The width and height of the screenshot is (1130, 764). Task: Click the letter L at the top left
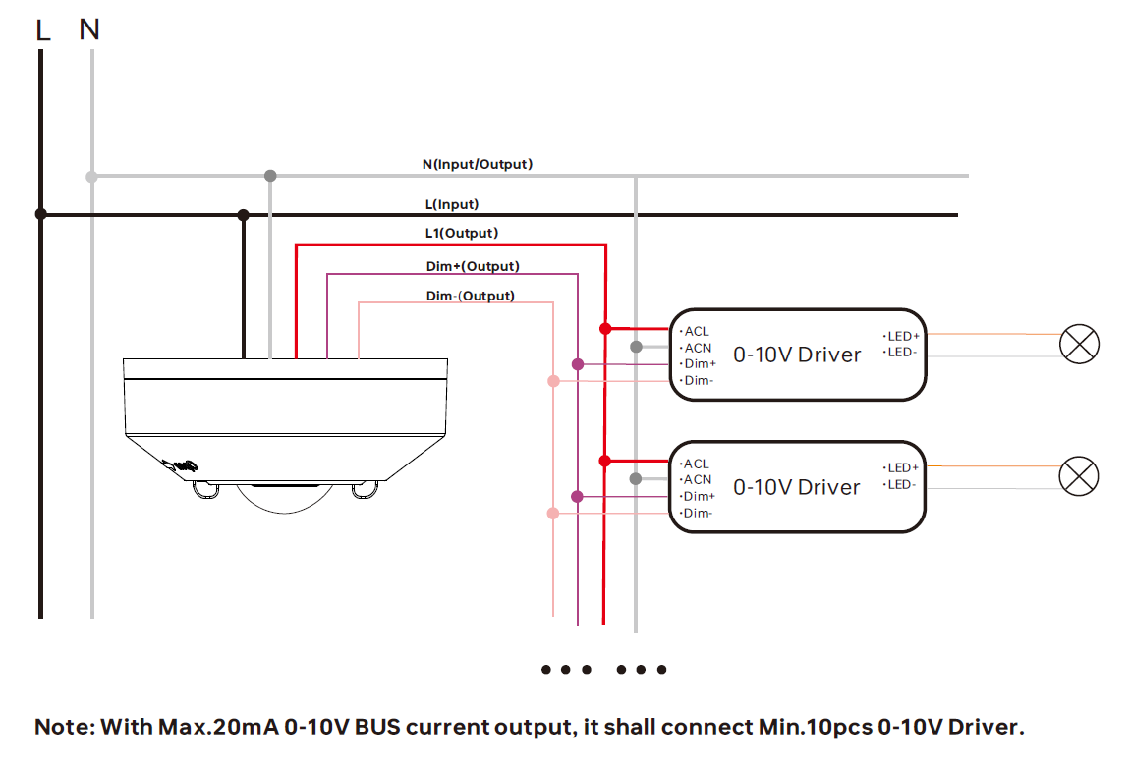point(42,30)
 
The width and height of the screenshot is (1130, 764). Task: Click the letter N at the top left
point(89,30)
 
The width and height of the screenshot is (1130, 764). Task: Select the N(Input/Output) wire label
point(478,164)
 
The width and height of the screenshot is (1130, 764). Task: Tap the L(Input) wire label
point(451,204)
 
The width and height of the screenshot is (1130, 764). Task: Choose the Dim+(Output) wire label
point(472,266)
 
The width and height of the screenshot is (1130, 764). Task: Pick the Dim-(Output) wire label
point(470,296)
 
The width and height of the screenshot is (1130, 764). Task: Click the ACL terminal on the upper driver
point(696,332)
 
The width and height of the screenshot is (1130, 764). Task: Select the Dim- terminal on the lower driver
point(698,513)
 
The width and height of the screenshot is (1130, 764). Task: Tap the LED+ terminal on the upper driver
point(902,336)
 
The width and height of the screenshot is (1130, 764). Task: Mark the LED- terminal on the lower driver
point(900,484)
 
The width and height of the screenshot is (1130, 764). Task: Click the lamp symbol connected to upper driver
point(1078,344)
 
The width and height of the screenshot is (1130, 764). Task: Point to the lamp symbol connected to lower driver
point(1078,476)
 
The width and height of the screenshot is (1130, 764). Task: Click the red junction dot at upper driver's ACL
point(605,328)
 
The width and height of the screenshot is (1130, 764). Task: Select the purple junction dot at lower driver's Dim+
point(577,497)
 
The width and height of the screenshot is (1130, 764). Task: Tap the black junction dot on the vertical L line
point(40,214)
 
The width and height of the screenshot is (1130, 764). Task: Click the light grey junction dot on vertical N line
point(91,177)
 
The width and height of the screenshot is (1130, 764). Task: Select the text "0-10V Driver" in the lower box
point(796,487)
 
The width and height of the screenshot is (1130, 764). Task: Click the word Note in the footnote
point(61,728)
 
